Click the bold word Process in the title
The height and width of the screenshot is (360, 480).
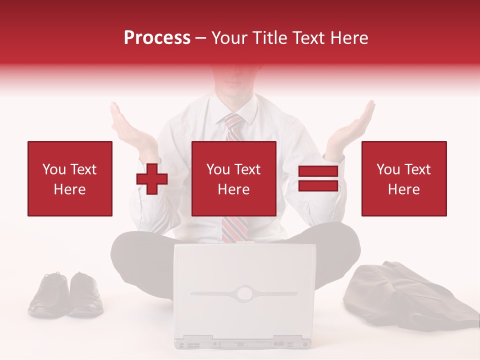point(157,38)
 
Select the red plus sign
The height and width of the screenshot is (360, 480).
point(152,179)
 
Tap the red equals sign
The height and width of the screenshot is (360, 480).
point(318,178)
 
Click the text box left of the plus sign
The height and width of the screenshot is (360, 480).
point(70,178)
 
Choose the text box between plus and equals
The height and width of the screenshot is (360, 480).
point(233,178)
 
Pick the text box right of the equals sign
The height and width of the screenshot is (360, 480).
point(403,178)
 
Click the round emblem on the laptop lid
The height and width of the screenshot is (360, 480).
point(245,292)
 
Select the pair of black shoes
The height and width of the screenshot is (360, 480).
point(66,294)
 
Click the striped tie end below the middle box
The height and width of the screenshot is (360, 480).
point(233,229)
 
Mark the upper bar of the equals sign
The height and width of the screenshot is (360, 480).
point(318,171)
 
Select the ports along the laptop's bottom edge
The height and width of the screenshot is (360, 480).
point(242,343)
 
